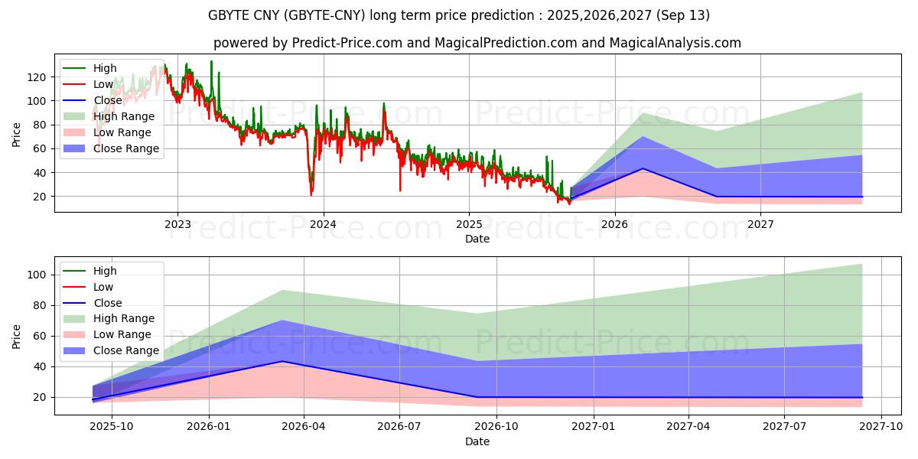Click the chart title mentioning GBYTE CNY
click(459, 15)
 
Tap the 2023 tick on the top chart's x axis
click(177, 224)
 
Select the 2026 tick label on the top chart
click(614, 224)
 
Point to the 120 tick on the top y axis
click(35, 76)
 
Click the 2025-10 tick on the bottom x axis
click(112, 427)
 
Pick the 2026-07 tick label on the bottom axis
click(400, 427)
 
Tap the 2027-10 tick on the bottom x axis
click(881, 427)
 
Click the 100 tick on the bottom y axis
click(35, 275)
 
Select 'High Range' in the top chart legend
click(124, 116)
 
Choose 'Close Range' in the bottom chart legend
click(125, 350)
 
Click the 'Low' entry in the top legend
click(103, 84)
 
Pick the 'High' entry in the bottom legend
click(105, 271)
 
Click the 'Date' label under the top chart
click(477, 239)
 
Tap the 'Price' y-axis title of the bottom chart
click(17, 336)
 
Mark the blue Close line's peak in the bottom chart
click(282, 361)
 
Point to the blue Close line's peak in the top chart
click(643, 168)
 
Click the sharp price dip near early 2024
click(311, 194)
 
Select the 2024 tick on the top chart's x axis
click(323, 224)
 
